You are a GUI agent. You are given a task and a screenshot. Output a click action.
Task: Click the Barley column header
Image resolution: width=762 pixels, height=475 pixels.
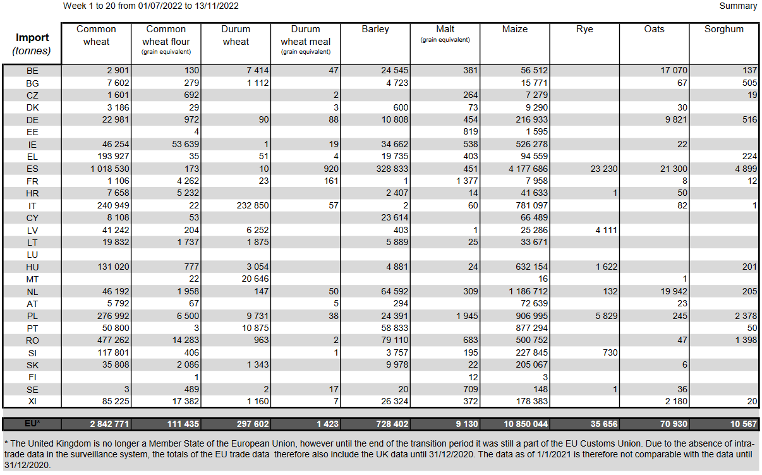(x=375, y=29)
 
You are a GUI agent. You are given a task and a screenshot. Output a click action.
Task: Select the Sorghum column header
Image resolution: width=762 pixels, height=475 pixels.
(x=724, y=29)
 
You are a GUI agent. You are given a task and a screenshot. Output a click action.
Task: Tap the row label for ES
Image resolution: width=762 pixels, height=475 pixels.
(x=32, y=169)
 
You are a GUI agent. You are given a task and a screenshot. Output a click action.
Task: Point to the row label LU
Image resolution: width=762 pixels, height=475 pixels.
(x=32, y=255)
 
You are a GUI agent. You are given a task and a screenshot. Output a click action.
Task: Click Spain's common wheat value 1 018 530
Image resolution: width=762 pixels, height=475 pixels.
(x=109, y=169)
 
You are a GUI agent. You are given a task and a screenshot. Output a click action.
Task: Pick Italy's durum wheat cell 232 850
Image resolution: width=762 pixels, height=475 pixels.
(x=253, y=206)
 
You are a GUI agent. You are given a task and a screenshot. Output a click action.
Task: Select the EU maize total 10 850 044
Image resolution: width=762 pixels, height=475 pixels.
(x=526, y=424)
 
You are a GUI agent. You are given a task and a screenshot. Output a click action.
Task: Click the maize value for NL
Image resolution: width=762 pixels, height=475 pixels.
(x=528, y=291)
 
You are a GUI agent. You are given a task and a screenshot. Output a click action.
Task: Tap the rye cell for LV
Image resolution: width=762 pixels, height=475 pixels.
(x=606, y=230)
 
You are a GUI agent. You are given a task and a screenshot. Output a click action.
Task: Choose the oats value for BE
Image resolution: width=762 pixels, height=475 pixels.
(x=674, y=70)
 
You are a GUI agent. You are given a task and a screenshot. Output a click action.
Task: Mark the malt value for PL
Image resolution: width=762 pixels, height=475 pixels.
(x=467, y=316)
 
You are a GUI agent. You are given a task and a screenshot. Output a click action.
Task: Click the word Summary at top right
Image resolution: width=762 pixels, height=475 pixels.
(x=738, y=6)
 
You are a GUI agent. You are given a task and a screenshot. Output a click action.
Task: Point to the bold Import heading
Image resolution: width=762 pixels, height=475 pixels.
(x=32, y=37)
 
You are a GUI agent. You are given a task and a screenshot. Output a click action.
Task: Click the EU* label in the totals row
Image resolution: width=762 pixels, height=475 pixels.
(x=32, y=424)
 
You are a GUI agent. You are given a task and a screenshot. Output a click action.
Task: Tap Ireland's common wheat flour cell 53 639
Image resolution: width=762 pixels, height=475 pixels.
(x=185, y=144)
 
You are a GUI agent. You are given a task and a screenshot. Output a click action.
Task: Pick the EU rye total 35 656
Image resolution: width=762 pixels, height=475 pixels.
(x=604, y=424)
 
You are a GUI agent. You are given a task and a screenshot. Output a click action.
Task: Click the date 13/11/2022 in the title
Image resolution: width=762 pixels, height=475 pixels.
(x=216, y=6)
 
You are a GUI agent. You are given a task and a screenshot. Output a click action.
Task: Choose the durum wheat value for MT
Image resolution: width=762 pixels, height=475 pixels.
(x=255, y=279)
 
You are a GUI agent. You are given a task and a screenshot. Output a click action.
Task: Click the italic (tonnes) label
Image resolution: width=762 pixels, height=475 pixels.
(x=32, y=51)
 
